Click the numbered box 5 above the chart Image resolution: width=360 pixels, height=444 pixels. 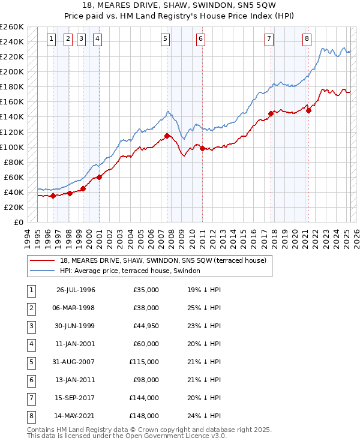165,40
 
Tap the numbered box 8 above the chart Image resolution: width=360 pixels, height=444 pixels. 307,40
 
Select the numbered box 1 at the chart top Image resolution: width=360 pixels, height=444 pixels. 52,40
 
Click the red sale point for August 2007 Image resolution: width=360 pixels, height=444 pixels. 167,136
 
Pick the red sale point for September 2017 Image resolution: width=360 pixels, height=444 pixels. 271,113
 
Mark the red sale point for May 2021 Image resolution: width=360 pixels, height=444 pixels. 308,110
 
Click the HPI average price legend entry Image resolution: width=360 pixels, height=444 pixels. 130,271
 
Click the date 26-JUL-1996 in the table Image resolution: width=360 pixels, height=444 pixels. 76,290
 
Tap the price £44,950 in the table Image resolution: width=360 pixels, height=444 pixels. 145,326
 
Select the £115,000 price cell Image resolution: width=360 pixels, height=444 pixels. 144,362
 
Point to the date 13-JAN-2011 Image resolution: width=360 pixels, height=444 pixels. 76,380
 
